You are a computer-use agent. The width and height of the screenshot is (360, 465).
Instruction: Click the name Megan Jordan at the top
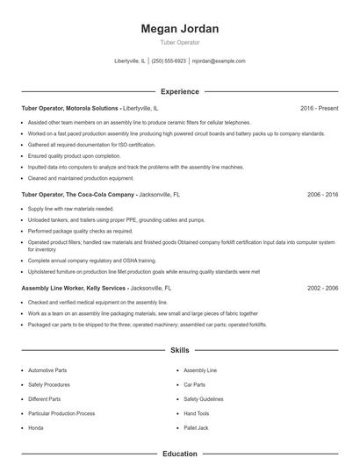179,29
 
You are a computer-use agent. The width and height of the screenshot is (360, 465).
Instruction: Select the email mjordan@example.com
218,61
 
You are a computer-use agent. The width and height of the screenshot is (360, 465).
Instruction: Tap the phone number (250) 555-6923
168,61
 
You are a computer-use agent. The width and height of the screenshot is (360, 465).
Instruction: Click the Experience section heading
179,91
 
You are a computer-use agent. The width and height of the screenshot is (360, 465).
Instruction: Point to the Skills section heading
179,350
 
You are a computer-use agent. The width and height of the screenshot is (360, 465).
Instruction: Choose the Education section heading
179,454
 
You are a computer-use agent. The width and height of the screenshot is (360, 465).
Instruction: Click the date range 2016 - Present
319,108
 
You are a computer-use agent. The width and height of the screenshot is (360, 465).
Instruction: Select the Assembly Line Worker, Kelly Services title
75,288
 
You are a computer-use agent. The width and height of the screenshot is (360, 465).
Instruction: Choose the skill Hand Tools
197,412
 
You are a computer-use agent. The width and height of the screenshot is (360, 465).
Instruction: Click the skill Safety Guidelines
204,398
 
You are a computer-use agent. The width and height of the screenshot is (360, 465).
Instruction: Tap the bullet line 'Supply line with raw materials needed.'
71,209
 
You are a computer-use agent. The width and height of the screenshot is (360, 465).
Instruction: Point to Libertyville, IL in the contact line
131,61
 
